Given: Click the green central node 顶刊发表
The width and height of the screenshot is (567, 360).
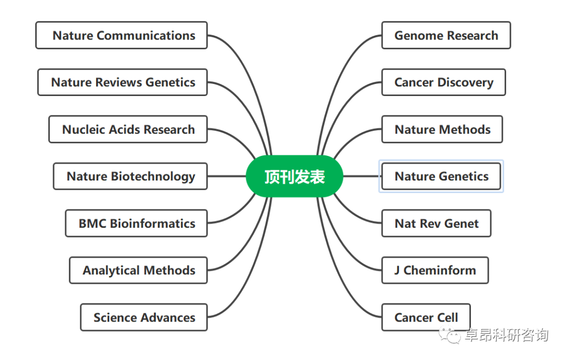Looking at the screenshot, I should [294, 177].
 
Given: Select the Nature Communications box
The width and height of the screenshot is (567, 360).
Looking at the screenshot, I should [122, 36].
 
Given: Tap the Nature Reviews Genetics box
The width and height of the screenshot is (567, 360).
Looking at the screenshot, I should [123, 82].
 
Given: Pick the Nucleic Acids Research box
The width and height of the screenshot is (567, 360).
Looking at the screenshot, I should [128, 130].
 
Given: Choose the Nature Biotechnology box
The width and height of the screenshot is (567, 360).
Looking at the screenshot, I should [130, 176].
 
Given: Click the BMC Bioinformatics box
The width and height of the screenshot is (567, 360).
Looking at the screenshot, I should [136, 224].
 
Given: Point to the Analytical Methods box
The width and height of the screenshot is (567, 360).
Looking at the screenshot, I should [139, 270].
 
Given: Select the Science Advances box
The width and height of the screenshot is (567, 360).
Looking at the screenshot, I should [144, 317].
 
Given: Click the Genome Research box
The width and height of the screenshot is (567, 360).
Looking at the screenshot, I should [446, 36].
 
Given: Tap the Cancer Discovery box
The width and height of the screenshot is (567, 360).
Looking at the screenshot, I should [444, 82].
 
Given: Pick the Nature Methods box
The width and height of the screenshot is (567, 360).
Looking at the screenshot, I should [442, 130].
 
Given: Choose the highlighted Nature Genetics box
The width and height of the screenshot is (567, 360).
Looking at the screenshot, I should [441, 176].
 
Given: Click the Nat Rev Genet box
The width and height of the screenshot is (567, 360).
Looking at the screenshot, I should [436, 224].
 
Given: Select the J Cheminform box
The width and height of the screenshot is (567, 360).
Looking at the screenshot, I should [435, 270].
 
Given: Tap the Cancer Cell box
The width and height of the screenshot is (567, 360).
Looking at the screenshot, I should [426, 317].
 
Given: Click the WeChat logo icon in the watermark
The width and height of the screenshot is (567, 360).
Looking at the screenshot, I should [450, 335].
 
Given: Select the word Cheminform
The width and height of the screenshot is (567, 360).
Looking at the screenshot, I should [440, 270].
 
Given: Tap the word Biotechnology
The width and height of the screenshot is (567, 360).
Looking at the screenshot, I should [153, 177].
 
